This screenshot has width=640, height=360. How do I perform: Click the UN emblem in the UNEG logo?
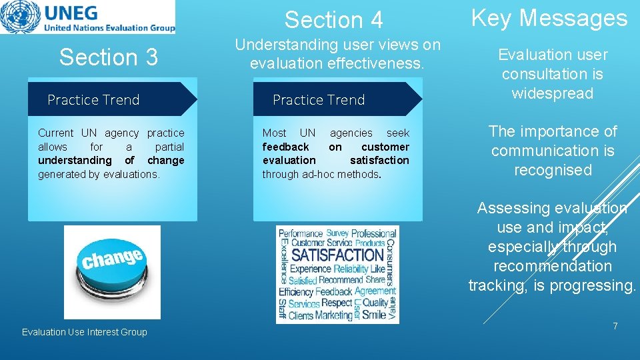tap(20, 17)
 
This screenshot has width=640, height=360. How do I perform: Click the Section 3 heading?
tap(109, 57)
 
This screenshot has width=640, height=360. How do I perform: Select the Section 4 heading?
tap(333, 20)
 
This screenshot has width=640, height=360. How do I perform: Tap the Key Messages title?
tap(549, 18)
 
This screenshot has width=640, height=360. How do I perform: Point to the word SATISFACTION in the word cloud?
tap(337, 255)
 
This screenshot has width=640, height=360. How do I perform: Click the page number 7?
tap(615, 326)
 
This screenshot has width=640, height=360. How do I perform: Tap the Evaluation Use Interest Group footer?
tap(85, 332)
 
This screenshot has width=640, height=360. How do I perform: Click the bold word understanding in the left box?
tap(75, 161)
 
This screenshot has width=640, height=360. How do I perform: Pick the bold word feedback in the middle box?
tap(285, 147)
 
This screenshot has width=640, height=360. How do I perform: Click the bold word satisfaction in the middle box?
tap(379, 161)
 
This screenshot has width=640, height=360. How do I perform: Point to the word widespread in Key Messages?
tap(552, 93)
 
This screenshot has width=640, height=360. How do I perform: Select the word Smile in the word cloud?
tap(373, 315)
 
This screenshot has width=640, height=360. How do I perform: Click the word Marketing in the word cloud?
tap(333, 315)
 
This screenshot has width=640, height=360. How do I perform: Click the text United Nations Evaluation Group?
tap(109, 28)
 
